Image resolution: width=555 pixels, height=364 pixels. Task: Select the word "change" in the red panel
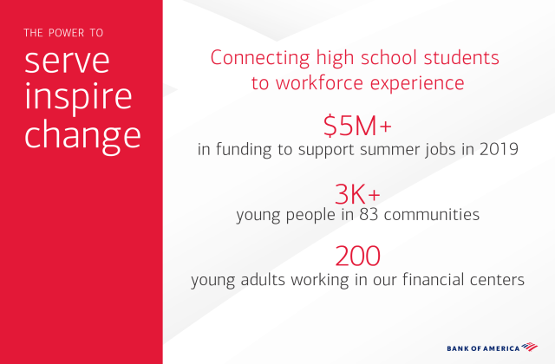point(82,134)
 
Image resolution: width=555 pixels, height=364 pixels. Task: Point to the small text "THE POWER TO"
point(63,33)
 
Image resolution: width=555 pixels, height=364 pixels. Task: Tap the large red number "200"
point(357,257)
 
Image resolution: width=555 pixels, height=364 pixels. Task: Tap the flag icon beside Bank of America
point(532,347)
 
